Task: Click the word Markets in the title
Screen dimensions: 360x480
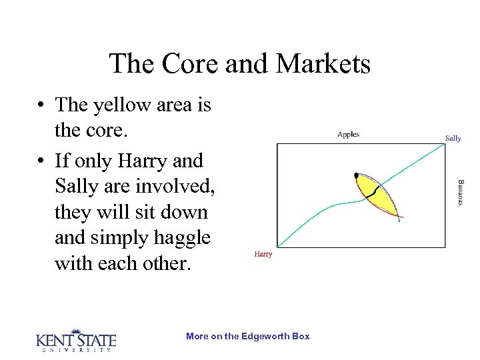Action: pos(324,64)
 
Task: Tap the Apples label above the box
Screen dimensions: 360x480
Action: pos(348,134)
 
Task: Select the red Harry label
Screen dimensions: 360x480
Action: pos(263,254)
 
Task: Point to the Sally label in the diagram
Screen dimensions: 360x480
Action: pos(453,138)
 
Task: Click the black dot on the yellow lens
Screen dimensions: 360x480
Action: pos(357,175)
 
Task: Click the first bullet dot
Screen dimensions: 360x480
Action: pos(41,105)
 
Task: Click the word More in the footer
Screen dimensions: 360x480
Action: pos(197,336)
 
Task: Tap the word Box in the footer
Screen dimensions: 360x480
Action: pos(301,336)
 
